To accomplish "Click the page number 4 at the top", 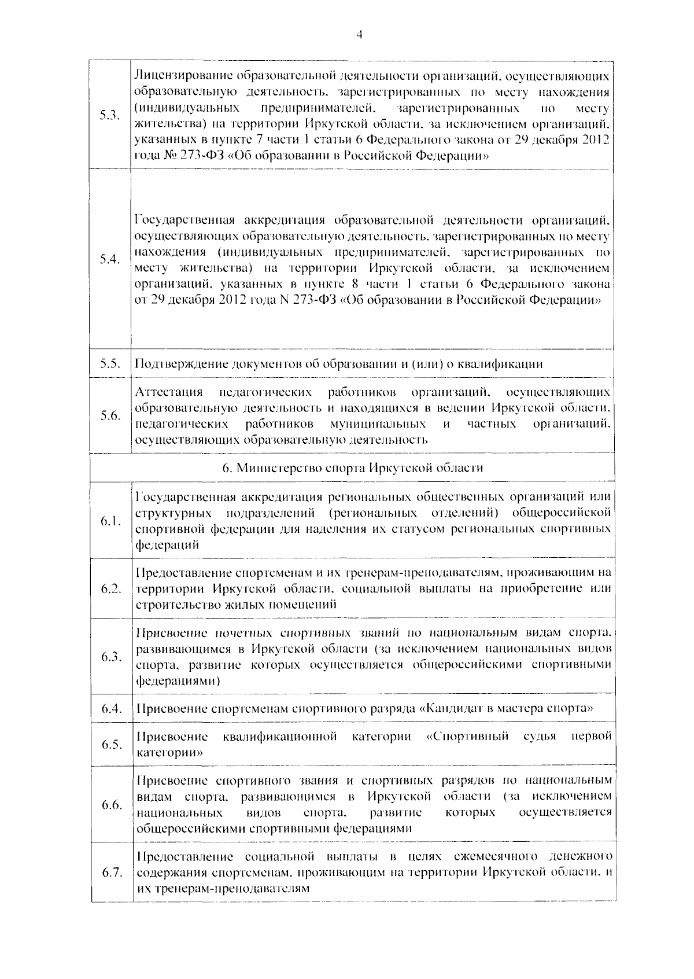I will (359, 35).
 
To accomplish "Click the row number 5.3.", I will (109, 115).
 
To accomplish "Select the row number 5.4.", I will (109, 259).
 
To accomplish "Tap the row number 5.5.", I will (109, 364).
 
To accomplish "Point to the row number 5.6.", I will (109, 416).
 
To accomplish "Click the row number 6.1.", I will (110, 521).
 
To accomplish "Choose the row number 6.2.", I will (110, 589).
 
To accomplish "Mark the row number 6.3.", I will (110, 657).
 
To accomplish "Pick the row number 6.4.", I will (110, 709).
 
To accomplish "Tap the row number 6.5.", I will (110, 745).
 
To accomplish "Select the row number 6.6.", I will (110, 805).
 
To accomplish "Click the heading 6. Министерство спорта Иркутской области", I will (353, 468).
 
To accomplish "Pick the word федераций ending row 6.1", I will (167, 545).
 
